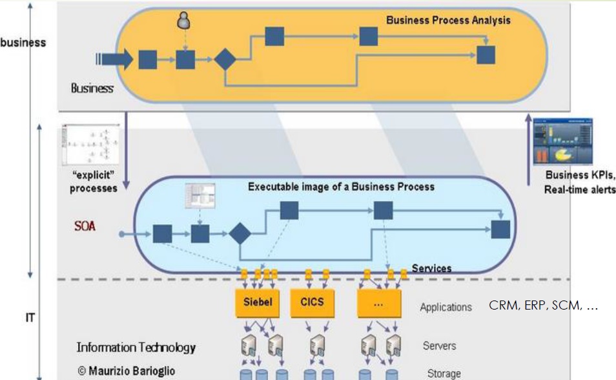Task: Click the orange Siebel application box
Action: tap(258, 302)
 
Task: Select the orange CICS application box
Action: tap(313, 302)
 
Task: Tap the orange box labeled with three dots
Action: tap(380, 302)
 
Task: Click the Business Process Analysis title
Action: tap(448, 20)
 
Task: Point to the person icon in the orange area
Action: tap(184, 22)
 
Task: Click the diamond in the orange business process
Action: tap(225, 59)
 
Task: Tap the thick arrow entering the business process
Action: tap(115, 59)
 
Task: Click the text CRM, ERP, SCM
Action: tap(544, 305)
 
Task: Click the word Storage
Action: tap(444, 373)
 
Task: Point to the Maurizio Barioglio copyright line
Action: tap(126, 372)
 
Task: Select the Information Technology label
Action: tap(136, 348)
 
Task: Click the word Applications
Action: tap(446, 307)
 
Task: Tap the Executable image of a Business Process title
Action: tap(341, 187)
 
